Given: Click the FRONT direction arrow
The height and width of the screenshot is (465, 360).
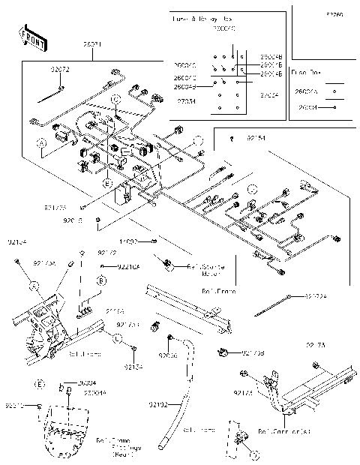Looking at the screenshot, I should [28, 34].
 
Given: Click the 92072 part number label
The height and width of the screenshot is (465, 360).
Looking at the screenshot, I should [60, 70].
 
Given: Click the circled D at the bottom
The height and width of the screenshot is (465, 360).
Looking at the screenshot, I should [254, 454].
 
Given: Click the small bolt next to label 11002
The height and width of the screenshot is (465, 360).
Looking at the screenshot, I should [153, 241].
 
